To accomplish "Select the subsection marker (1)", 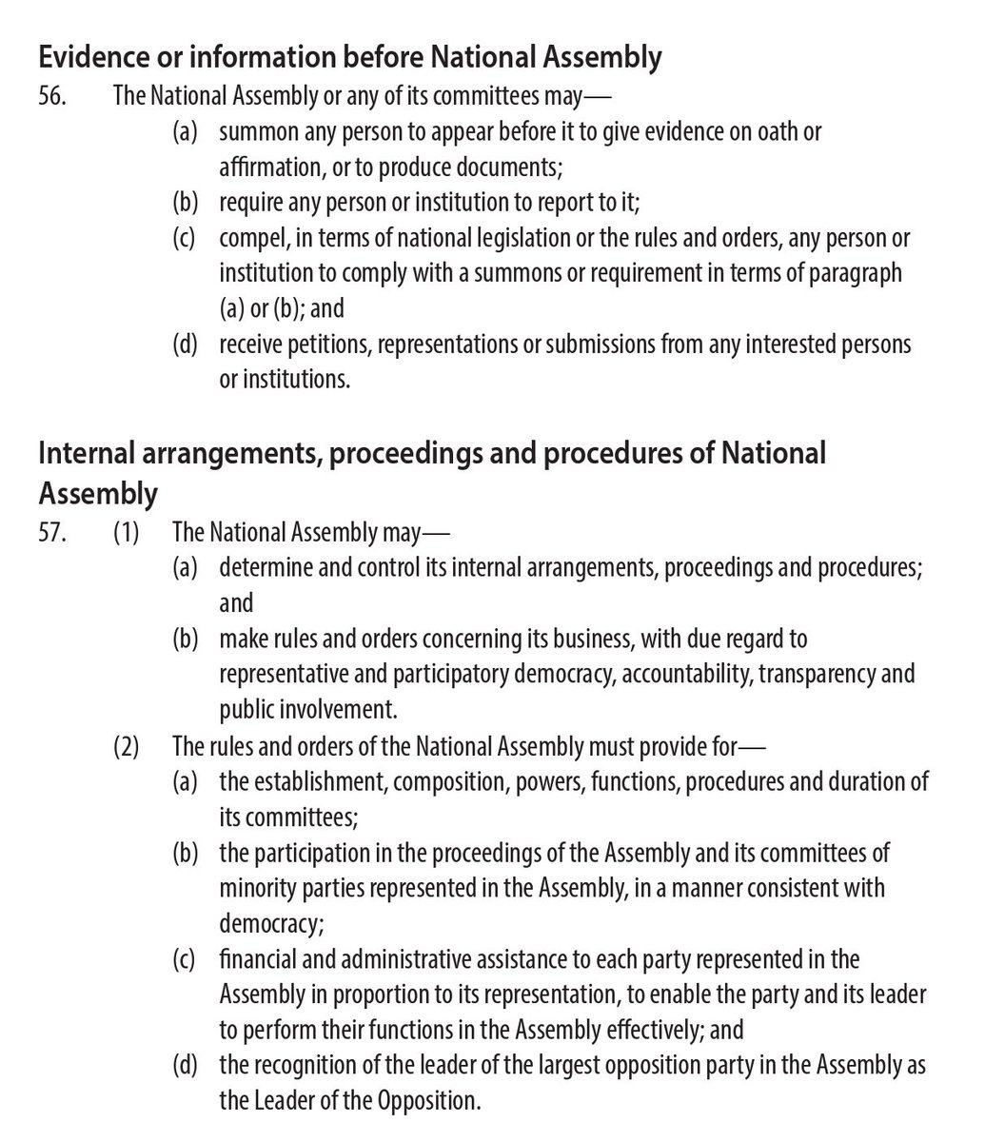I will [x=126, y=533].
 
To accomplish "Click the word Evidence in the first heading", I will [x=87, y=58].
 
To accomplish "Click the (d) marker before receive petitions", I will [x=185, y=344].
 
